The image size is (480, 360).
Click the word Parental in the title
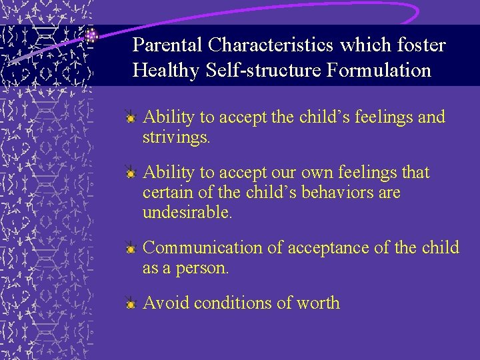click(x=167, y=45)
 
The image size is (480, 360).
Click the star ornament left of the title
click(x=92, y=35)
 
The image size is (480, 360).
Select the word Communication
click(x=203, y=248)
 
